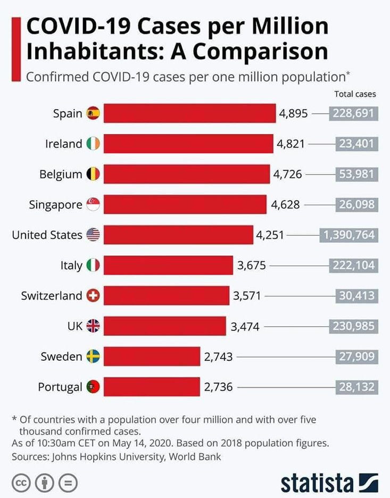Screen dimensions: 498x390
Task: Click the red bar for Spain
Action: [189, 113]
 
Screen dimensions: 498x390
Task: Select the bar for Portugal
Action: [152, 387]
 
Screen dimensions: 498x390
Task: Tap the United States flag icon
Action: [93, 235]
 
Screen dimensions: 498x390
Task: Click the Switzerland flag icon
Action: [93, 296]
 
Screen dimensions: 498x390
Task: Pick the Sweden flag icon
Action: [93, 356]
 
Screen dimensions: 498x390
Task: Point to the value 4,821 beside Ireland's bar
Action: [290, 144]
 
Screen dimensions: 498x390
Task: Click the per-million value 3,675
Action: [251, 265]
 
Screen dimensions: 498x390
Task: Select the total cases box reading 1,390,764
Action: [348, 235]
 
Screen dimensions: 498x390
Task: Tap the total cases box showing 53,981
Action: [356, 174]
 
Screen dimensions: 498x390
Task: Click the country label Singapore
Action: [55, 205]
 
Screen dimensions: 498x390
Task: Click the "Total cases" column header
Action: [355, 94]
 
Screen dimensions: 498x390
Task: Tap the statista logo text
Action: [317, 483]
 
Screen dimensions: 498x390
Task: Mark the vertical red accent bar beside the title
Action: [16, 49]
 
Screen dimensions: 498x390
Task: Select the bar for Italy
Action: [168, 265]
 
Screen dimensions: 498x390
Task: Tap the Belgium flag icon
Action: [93, 174]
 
